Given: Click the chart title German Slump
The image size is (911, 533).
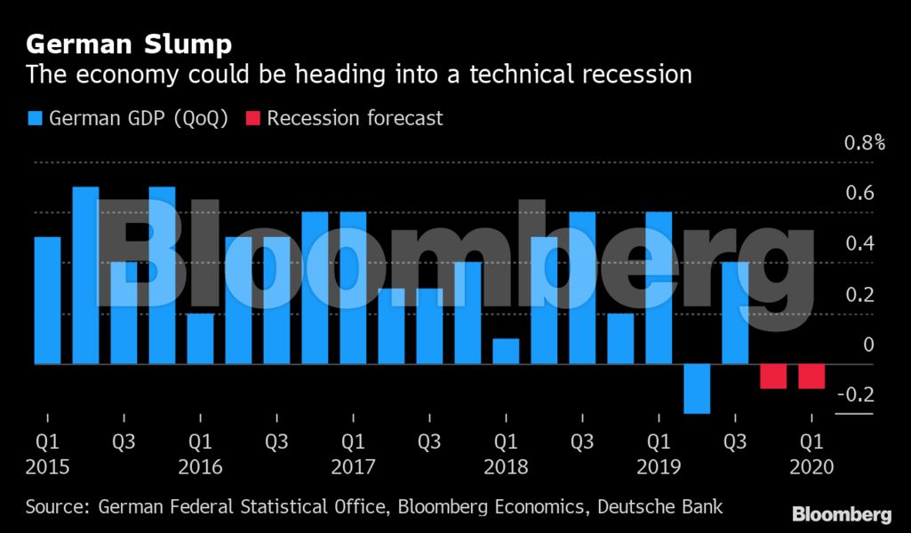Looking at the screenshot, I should pos(130,44).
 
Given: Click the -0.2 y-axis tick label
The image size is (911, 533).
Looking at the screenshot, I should pos(855,395).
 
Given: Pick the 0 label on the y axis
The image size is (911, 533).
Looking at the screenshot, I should pos(868,345).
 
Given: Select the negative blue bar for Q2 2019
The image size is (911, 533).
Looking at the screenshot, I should pos(697,388).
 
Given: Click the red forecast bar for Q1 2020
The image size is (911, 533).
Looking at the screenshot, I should pos(811,376).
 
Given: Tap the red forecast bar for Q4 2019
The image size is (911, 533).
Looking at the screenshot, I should pos(773,376).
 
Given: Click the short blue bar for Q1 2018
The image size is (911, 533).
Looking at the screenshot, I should pos(506,351).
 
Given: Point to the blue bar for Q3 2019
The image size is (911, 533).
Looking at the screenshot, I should pos(735,313).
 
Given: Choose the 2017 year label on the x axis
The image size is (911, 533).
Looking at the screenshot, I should pos(353,467).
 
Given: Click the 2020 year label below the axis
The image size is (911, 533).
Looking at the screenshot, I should pos(811,467).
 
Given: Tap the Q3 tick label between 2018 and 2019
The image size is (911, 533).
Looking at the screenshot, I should pos(582,441).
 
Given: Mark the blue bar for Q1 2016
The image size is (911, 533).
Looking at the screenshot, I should pos(200,338).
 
